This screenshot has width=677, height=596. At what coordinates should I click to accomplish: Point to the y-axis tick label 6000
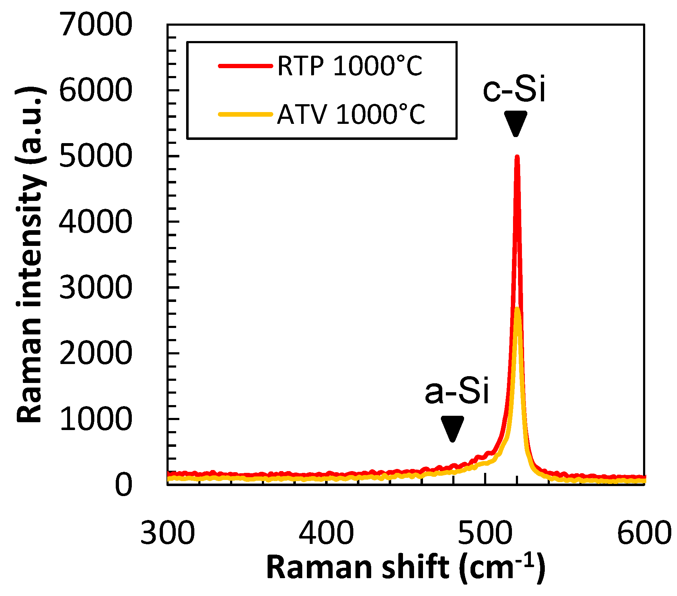tap(96, 90)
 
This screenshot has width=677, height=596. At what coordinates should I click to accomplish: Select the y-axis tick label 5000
tap(96, 156)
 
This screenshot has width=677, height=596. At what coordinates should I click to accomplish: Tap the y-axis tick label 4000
tap(96, 222)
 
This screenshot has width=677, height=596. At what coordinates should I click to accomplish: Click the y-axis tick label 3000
tap(96, 287)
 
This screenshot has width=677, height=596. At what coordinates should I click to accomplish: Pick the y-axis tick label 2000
tap(96, 353)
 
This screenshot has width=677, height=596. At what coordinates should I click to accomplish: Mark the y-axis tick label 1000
tap(96, 419)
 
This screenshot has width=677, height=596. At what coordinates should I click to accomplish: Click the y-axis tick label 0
tap(124, 485)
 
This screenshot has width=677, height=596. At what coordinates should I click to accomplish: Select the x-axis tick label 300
tap(168, 533)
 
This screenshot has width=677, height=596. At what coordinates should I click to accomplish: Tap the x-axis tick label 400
tap(326, 533)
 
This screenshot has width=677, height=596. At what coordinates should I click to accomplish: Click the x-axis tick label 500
tap(485, 533)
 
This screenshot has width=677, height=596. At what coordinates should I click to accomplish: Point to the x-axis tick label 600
tap(644, 533)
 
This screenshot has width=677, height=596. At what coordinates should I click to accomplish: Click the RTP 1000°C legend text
tap(350, 66)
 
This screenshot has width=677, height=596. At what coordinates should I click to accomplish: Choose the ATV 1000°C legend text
tap(351, 115)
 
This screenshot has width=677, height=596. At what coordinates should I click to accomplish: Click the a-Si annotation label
tap(457, 391)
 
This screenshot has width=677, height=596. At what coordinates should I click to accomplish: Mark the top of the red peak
tap(517, 157)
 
